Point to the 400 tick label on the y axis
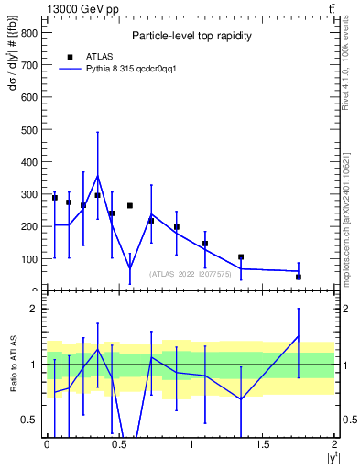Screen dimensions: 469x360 point(28,161)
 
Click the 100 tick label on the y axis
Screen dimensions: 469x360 point(28,259)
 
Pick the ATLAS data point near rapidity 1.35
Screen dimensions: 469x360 point(241,257)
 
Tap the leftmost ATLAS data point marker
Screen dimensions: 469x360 point(55,198)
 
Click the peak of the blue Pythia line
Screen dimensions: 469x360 point(97,175)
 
